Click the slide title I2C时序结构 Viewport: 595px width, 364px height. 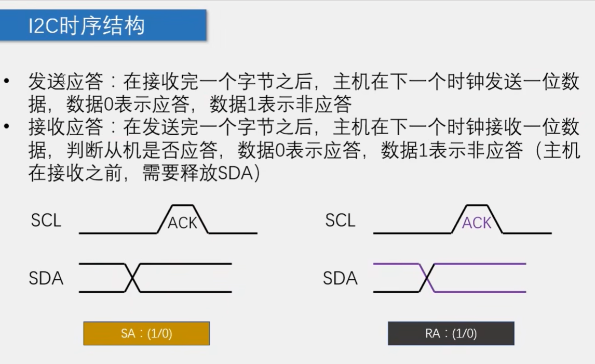(87, 25)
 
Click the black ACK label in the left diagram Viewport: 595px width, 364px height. (183, 223)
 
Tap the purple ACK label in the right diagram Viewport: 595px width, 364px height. (477, 223)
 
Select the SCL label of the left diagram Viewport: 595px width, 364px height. (46, 220)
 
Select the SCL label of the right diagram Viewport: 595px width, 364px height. (340, 220)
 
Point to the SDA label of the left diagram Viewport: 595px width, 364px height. (46, 278)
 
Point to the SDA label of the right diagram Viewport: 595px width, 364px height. (340, 278)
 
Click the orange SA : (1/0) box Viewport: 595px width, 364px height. (146, 333)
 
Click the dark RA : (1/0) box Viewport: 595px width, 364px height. (451, 333)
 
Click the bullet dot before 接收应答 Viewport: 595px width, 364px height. (6, 126)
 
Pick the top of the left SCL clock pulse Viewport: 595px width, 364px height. (183, 205)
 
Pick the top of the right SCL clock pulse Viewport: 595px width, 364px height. (477, 205)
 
